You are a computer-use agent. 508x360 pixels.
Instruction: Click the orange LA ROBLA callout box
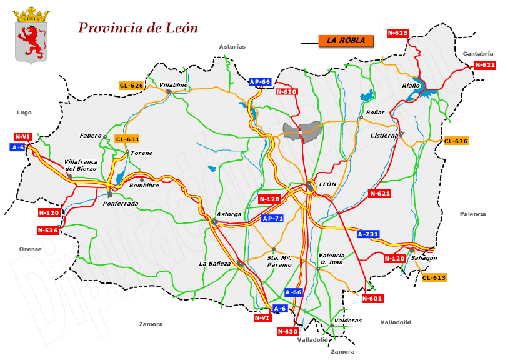pos(346,41)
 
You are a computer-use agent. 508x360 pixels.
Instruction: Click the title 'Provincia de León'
pos(138,28)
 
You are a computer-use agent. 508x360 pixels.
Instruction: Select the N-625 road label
pos(397,32)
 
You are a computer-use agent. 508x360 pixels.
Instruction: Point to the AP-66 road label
pos(260,81)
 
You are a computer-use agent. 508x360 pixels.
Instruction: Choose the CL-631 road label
pos(127,139)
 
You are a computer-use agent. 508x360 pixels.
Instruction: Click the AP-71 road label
pos(272,218)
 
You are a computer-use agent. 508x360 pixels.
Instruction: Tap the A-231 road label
pos(368,234)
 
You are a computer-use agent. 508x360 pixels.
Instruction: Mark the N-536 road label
pos(47,230)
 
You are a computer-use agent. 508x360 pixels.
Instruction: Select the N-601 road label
pos(372,298)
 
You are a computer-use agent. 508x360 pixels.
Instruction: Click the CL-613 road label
pos(434,277)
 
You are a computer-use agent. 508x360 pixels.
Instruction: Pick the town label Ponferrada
pos(121,203)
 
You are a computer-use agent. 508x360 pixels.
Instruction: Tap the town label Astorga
pos(229,214)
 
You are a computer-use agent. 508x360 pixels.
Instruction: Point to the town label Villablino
pos(174,84)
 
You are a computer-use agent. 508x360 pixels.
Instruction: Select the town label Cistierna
pos(384,135)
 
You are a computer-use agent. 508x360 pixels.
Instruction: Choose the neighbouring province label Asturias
pos(232,46)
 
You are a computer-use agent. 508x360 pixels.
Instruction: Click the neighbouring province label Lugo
pos(24,112)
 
